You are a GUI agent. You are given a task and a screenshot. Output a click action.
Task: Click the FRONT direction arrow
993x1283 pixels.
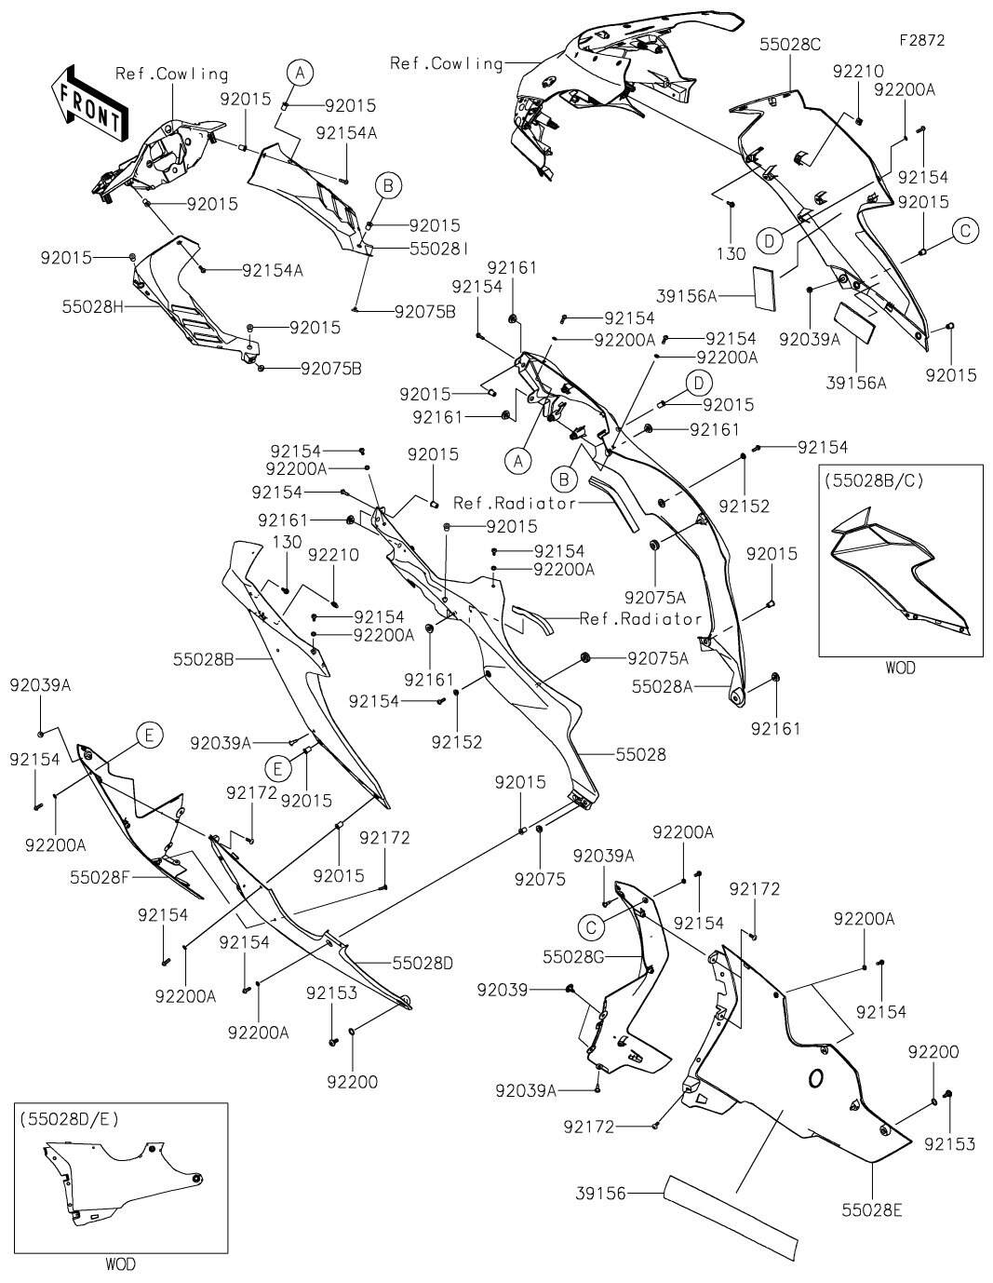(89, 102)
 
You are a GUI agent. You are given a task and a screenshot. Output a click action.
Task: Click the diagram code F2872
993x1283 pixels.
(922, 40)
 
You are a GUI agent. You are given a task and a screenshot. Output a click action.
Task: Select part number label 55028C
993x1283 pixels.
(790, 45)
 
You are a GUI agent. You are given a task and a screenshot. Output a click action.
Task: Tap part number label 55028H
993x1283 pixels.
(93, 306)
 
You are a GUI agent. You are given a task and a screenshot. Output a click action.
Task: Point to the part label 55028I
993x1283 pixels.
(439, 249)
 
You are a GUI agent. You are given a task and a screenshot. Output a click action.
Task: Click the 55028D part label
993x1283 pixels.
(423, 964)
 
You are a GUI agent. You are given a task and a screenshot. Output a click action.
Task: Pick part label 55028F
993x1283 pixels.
(100, 877)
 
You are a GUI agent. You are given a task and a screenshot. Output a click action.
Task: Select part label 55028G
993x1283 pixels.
(573, 957)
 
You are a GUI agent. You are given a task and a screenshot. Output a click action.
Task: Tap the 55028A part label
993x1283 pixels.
(663, 686)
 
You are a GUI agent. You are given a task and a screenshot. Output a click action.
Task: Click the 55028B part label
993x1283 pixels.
(204, 659)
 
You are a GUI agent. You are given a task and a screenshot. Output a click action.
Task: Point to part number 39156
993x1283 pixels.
(600, 1194)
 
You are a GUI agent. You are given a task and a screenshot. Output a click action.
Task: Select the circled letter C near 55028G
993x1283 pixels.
(591, 927)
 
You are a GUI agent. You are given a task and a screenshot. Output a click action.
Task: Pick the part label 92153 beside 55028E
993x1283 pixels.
(949, 1144)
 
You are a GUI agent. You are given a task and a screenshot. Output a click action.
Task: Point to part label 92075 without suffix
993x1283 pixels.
(540, 879)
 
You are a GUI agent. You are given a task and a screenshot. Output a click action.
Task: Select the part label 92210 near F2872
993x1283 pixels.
(858, 72)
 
